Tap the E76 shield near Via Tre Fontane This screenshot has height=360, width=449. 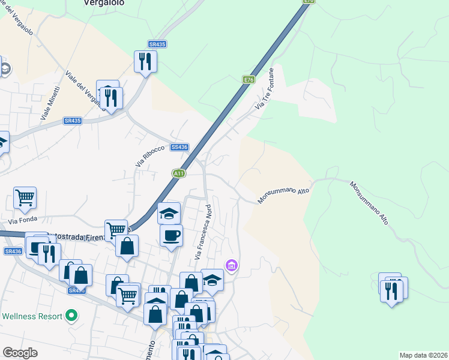click(x=249, y=79)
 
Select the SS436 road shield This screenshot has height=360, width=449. click(x=179, y=147)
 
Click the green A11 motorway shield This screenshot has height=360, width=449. click(x=179, y=173)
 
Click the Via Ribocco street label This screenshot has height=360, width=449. click(x=149, y=156)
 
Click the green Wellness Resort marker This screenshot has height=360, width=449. click(x=72, y=314)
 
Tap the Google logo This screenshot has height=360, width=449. click(x=20, y=353)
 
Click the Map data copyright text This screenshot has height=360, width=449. click(x=423, y=355)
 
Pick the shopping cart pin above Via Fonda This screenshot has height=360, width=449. click(x=25, y=196)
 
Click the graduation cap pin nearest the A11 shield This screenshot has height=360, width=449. click(x=169, y=212)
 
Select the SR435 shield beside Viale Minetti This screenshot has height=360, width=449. click(x=72, y=121)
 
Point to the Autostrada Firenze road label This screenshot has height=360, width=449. click(x=72, y=235)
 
